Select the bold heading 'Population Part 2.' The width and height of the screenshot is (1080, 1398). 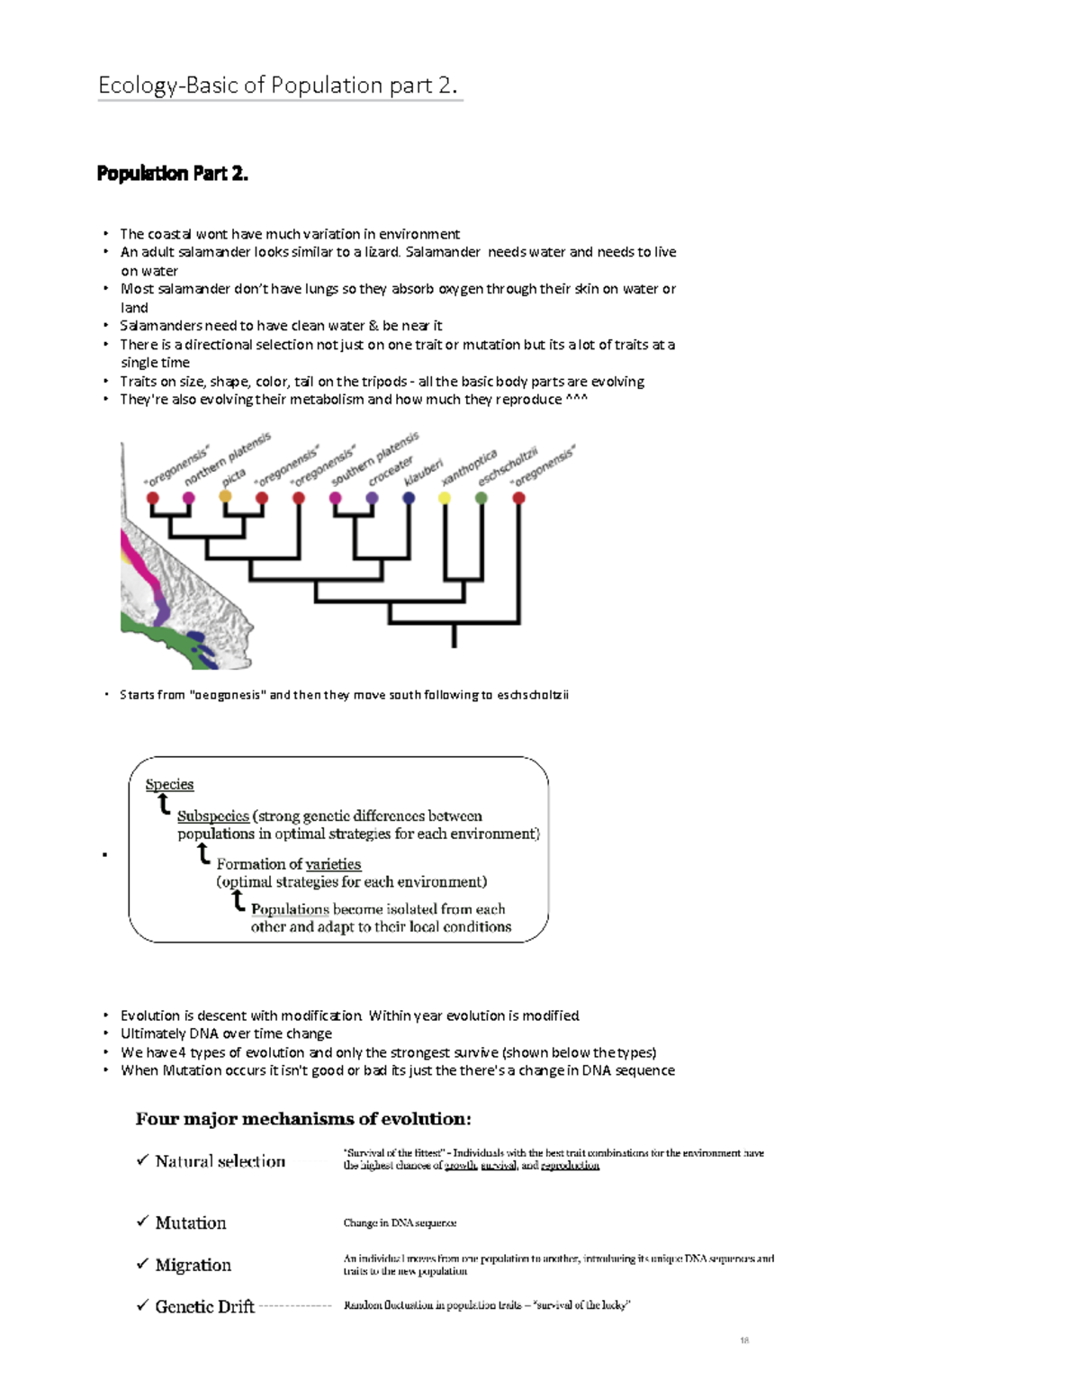pos(172,174)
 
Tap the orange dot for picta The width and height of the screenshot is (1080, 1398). pos(225,497)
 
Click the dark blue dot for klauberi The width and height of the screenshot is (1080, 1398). pos(409,498)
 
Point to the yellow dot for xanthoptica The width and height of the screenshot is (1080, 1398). pos(445,498)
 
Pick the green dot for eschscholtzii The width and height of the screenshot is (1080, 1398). pos(481,498)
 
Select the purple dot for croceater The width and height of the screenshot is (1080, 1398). pos(372,498)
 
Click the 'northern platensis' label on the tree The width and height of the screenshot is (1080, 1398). pos(227,459)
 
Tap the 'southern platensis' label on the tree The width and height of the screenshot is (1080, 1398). pos(374,459)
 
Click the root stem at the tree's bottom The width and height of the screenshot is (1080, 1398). pos(454,636)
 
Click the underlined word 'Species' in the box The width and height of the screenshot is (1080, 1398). pos(169,784)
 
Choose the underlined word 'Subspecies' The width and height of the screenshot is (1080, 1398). pos(212,816)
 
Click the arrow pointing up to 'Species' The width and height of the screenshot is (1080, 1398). pos(164,804)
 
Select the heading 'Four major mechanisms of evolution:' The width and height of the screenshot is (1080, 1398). pos(303,1119)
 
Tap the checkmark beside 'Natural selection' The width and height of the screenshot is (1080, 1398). pos(142,1160)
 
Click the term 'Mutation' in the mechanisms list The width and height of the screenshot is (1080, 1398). pos(191,1222)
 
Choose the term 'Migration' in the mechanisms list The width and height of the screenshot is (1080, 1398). pos(193,1265)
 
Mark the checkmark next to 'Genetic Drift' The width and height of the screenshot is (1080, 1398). pos(142,1305)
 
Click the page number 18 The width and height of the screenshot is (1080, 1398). pos(744,1340)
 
